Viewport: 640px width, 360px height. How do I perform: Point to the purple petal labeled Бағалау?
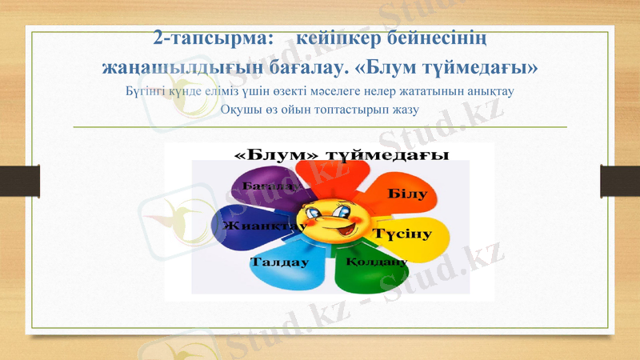(x=264, y=188)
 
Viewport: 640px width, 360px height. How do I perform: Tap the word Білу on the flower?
(x=407, y=194)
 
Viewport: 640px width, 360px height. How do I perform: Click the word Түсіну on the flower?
(x=402, y=234)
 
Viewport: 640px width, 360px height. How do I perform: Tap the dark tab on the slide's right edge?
(x=620, y=179)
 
